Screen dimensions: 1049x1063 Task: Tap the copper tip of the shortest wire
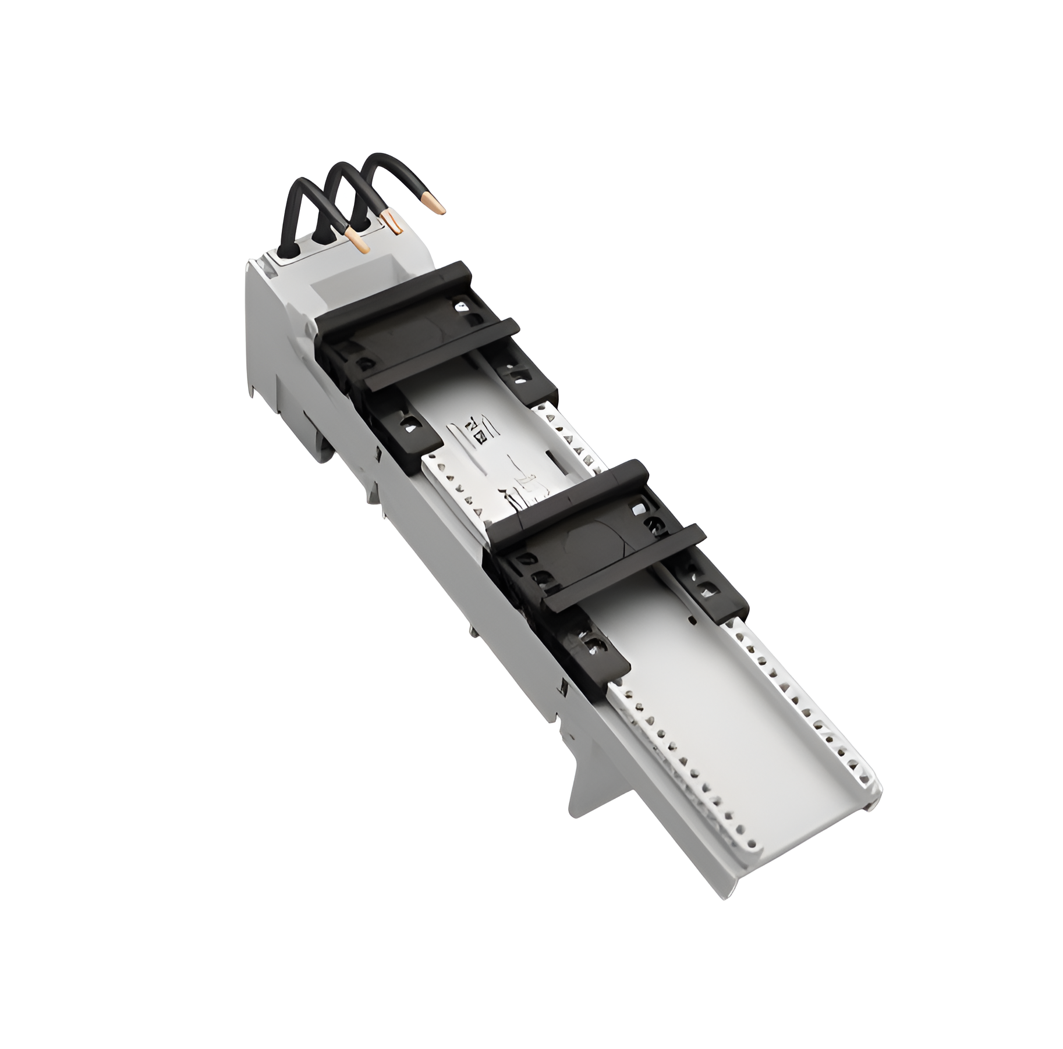pyautogui.click(x=363, y=246)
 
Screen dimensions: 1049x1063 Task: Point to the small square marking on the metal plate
pyautogui.click(x=479, y=436)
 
